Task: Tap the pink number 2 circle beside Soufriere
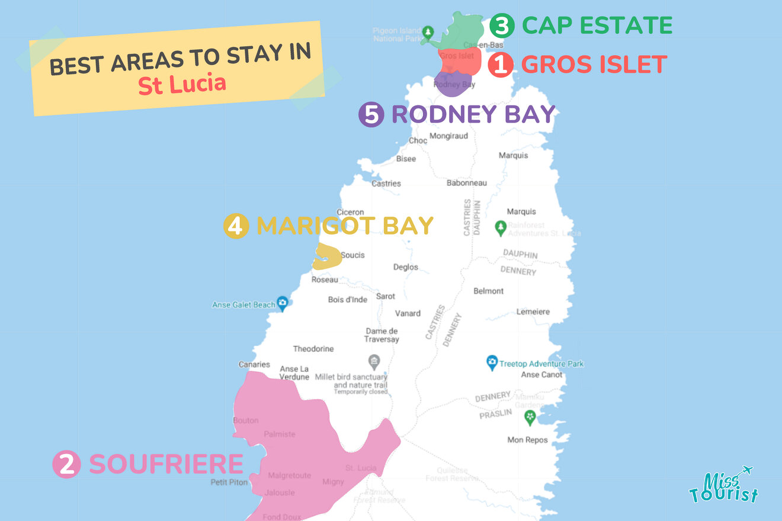click(66, 465)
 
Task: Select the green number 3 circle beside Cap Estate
click(501, 26)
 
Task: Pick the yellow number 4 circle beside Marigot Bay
click(236, 226)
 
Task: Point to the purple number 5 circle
click(371, 115)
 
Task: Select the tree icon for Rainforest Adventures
click(501, 227)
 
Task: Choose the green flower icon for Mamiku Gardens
click(530, 417)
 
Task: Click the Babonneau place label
click(466, 183)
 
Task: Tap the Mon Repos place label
click(527, 440)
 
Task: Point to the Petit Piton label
click(229, 483)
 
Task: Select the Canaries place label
click(254, 365)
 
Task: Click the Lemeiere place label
click(533, 311)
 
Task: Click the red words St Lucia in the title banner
click(182, 84)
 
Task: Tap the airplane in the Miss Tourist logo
click(745, 471)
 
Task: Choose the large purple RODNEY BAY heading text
click(473, 114)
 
